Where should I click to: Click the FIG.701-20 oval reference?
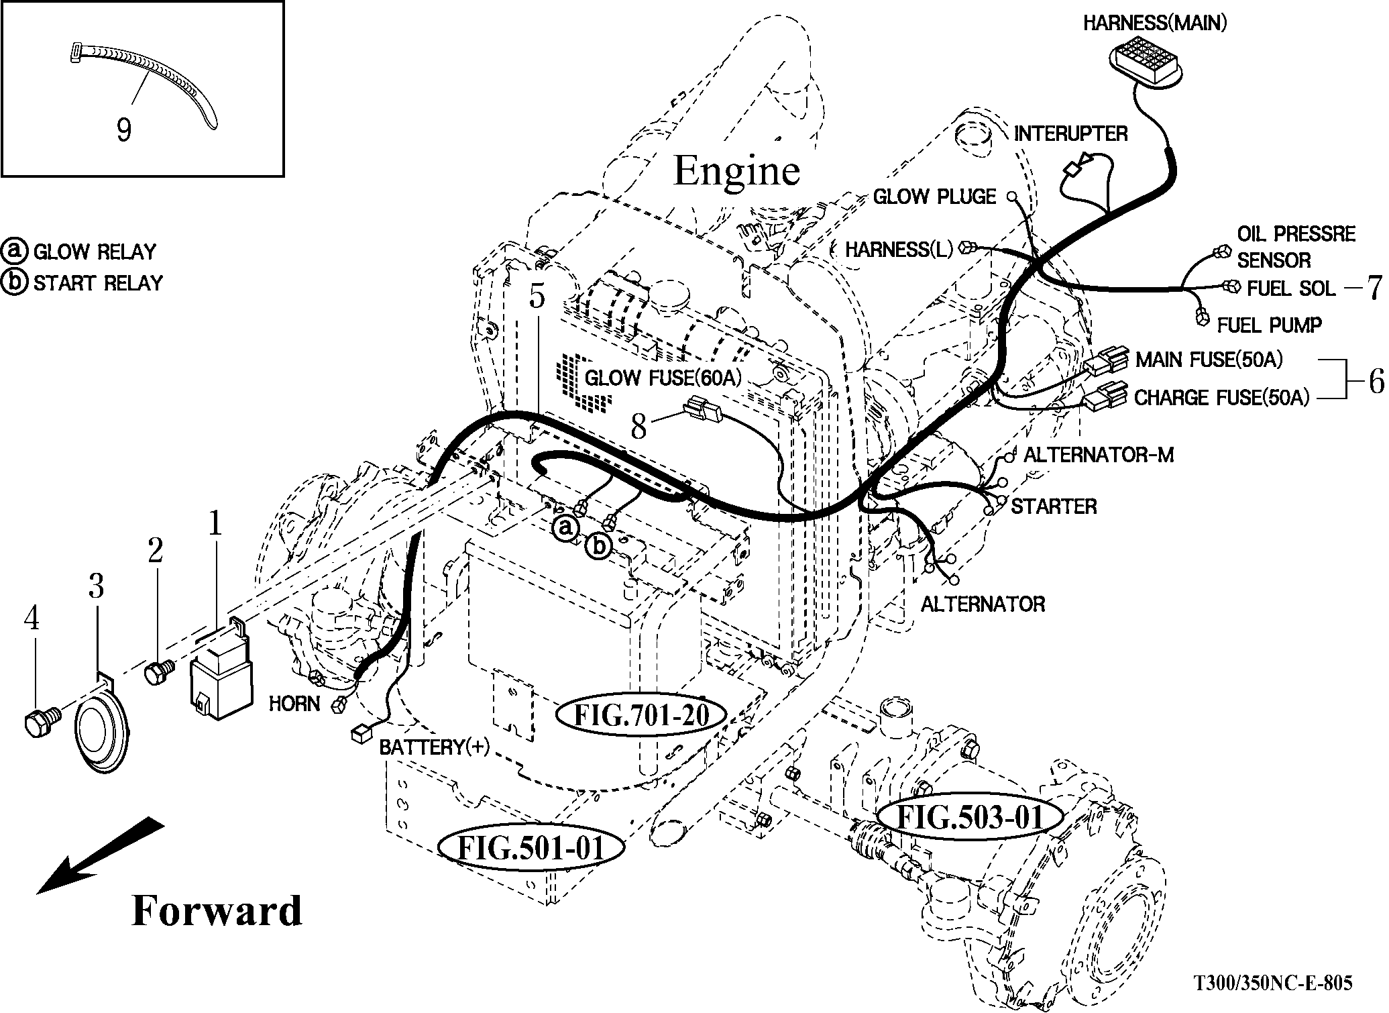tap(642, 715)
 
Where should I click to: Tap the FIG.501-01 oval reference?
tap(531, 848)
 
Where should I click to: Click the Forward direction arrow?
tap(101, 855)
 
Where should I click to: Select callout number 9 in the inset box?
tap(124, 129)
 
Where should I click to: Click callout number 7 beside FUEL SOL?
tap(1374, 288)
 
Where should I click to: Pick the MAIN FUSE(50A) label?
tap(1209, 360)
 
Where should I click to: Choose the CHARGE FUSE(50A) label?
tap(1221, 398)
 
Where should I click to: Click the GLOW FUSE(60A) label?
tap(663, 378)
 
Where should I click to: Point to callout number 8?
tap(638, 427)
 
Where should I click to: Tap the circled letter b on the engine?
tap(598, 547)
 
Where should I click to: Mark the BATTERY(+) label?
tap(434, 747)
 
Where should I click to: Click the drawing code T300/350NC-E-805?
tap(1272, 983)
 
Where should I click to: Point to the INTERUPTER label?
tap(1070, 134)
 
